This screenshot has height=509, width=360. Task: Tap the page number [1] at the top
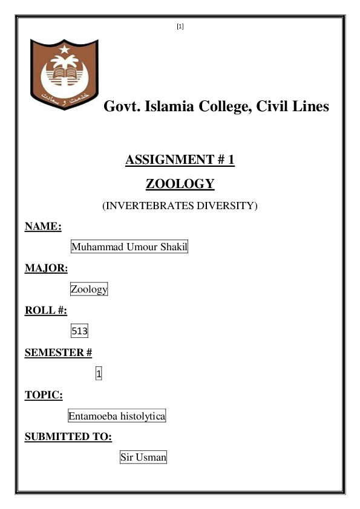180,26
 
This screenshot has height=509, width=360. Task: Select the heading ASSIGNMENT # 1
180,160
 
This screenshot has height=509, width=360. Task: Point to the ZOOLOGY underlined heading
180,184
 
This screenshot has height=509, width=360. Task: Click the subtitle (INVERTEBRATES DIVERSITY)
180,206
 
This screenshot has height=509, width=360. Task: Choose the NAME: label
43,227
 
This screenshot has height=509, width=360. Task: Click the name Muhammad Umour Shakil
130,247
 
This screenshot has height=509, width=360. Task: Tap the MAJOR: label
46,268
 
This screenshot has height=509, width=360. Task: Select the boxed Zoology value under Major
89,290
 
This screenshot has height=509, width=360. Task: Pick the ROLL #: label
45,311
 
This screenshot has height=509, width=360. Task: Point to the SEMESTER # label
58,353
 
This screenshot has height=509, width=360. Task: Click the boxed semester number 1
99,375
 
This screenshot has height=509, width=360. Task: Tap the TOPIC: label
44,395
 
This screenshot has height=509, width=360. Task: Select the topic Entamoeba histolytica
117,417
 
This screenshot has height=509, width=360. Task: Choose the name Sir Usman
143,458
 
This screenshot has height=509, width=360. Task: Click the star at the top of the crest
64,48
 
